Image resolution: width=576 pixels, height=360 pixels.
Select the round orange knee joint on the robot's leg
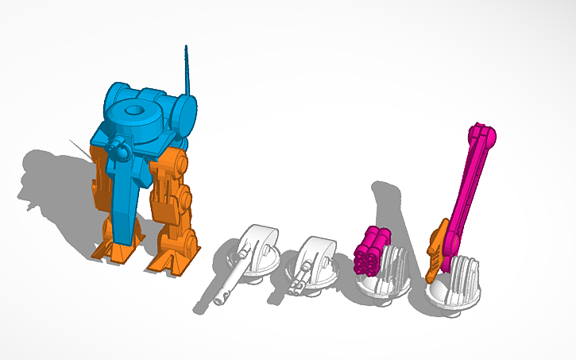pos(186,198)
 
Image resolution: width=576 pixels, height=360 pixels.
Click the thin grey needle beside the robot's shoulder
pos(80,148)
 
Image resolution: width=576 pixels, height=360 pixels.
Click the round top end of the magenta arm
pos(484,137)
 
